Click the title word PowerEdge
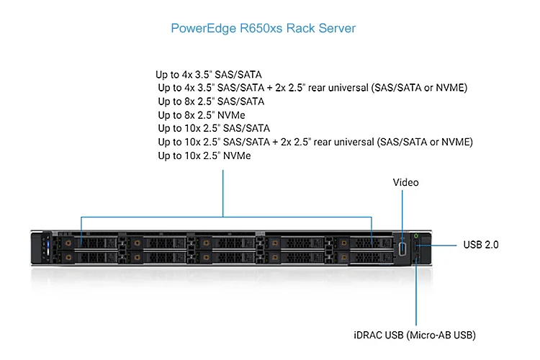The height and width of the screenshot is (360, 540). [197, 29]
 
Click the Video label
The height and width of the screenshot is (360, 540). [405, 182]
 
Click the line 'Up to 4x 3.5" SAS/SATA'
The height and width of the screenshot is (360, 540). [209, 74]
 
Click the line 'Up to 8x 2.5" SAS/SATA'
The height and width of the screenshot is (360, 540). [211, 102]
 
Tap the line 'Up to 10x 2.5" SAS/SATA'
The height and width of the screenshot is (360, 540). [215, 129]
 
